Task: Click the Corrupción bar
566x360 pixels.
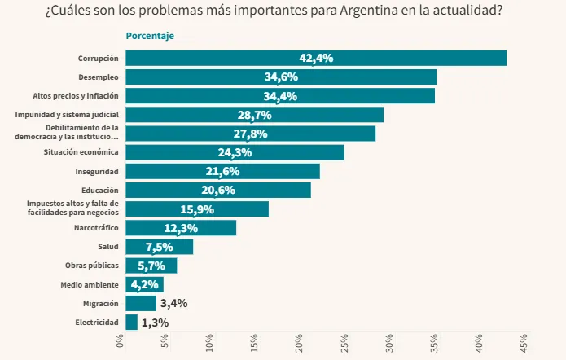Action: [x=316, y=58]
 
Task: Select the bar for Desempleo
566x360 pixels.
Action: [x=281, y=77]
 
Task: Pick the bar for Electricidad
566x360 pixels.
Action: [x=131, y=323]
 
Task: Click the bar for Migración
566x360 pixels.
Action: [x=141, y=304]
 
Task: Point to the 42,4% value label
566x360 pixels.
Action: [x=316, y=58]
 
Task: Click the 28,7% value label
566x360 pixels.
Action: [x=254, y=115]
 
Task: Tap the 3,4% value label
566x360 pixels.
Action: [x=173, y=304]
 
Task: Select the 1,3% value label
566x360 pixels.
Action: [x=155, y=323]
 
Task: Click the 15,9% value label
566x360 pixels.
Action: [x=197, y=209]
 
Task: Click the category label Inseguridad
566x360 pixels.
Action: [x=97, y=172]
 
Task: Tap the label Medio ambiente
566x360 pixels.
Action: [x=90, y=285]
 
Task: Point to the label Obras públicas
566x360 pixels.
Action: [x=92, y=266]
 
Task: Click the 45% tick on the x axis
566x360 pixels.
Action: [x=522, y=343]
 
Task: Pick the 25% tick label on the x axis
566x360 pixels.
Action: [x=344, y=343]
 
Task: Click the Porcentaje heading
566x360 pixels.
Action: [x=150, y=36]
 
